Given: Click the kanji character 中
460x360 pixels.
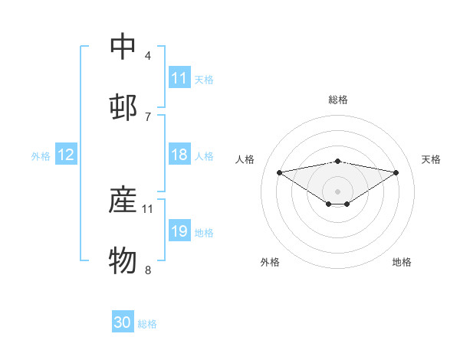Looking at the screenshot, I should pos(123,47).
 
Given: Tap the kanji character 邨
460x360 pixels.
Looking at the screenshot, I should pos(123,108).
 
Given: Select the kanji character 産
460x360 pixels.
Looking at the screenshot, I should pos(123,200).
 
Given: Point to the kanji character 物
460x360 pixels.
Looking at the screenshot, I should pos(123,260).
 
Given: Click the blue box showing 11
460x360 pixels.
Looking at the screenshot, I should pos(179,78).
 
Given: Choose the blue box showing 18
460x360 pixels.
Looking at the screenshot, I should pos(179,155).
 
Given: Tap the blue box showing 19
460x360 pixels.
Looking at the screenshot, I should pos(179,231).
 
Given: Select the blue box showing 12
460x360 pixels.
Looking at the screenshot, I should pos(66,155).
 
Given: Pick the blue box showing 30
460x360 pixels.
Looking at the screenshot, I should pos(123,322).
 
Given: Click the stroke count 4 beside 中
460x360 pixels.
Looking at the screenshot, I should pos(148,56).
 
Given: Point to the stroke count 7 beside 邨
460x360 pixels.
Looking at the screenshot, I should pos(148,116).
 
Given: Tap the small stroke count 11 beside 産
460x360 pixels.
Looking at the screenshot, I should pos(148,208).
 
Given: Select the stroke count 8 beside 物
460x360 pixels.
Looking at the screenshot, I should pos(148,269).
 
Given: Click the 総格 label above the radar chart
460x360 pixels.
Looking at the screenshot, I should pos(338,100).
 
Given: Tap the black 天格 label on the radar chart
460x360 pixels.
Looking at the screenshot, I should pos(432,159).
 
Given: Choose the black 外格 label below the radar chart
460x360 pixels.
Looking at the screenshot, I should pos(270,262).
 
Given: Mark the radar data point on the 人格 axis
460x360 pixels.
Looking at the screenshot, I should pos(280,172).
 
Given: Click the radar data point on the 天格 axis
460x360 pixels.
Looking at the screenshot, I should pos(396,172).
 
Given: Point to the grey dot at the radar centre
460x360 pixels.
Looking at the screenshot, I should pos(338,191).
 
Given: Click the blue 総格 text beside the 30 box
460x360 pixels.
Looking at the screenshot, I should pos(147,324).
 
